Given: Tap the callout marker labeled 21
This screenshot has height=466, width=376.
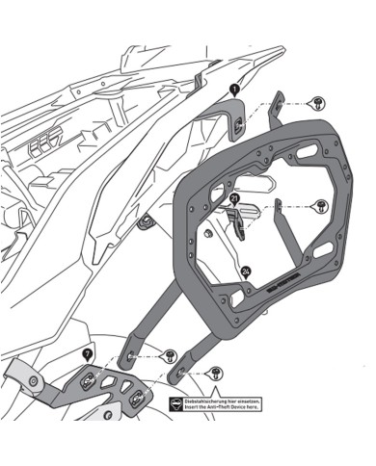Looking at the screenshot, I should tap(233, 199).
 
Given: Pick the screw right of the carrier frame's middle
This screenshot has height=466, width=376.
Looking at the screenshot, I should tap(321, 206).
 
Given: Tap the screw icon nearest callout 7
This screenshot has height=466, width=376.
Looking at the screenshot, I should tap(170, 356).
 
